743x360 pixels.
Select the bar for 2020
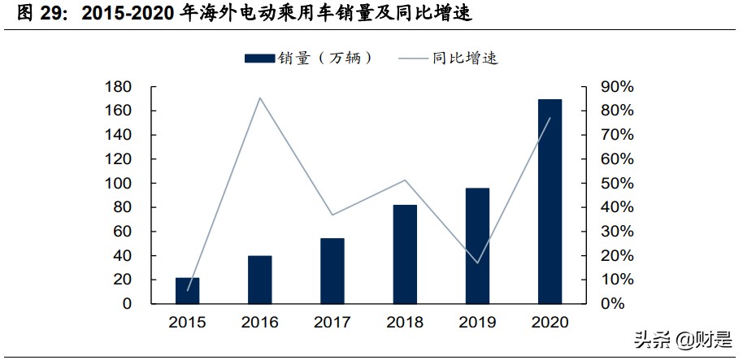click(x=550, y=202)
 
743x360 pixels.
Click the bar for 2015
click(x=187, y=290)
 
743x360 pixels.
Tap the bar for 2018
click(x=405, y=254)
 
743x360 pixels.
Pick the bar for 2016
click(x=259, y=279)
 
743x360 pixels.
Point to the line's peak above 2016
click(x=259, y=98)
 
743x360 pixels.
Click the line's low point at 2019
click(x=477, y=263)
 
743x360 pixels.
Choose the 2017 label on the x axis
click(x=332, y=323)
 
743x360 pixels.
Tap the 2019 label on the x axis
click(x=477, y=323)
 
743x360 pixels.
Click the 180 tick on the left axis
click(x=118, y=87)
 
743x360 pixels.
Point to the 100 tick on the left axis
click(x=118, y=184)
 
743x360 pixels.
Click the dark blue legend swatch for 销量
click(x=259, y=58)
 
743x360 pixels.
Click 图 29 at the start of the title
click(x=39, y=15)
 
